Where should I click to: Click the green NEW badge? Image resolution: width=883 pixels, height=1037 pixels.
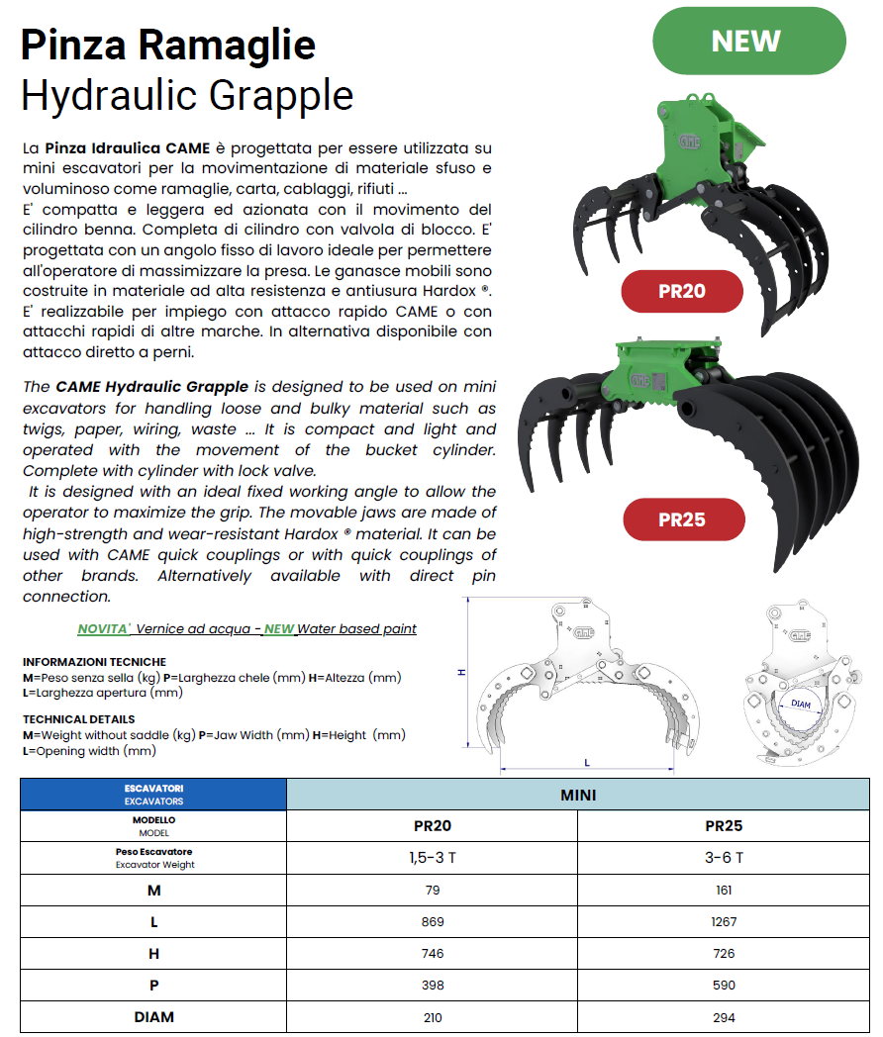click(748, 41)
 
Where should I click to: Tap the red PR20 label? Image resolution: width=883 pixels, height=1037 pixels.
click(681, 291)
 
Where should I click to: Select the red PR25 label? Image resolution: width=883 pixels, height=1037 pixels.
click(681, 518)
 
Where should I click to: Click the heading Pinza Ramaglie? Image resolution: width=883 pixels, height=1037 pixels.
click(168, 45)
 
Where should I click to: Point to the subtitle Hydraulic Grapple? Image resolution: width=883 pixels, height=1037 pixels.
click(187, 95)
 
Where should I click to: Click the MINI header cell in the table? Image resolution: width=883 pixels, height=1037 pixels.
click(578, 795)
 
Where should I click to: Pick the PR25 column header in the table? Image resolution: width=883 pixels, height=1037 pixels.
click(724, 825)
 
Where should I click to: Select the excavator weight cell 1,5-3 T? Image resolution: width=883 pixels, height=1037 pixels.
click(432, 857)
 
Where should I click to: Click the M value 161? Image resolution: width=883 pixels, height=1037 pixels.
click(724, 890)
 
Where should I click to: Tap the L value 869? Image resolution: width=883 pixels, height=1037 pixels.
click(432, 921)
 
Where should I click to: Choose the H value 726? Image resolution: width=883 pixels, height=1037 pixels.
click(724, 953)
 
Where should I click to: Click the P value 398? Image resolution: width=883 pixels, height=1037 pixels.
click(432, 985)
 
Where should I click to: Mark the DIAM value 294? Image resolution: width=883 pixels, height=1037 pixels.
click(724, 1016)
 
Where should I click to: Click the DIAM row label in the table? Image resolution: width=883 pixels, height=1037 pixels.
click(153, 1016)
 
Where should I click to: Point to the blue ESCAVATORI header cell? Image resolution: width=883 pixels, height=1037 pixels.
click(153, 795)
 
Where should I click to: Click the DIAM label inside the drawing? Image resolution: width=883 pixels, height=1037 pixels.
click(801, 705)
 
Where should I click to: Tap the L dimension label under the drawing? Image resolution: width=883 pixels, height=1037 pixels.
click(587, 762)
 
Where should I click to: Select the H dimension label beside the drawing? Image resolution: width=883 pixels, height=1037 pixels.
click(461, 672)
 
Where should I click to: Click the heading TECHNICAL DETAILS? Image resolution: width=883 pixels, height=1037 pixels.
click(79, 719)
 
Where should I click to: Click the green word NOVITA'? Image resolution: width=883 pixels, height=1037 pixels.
click(104, 628)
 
